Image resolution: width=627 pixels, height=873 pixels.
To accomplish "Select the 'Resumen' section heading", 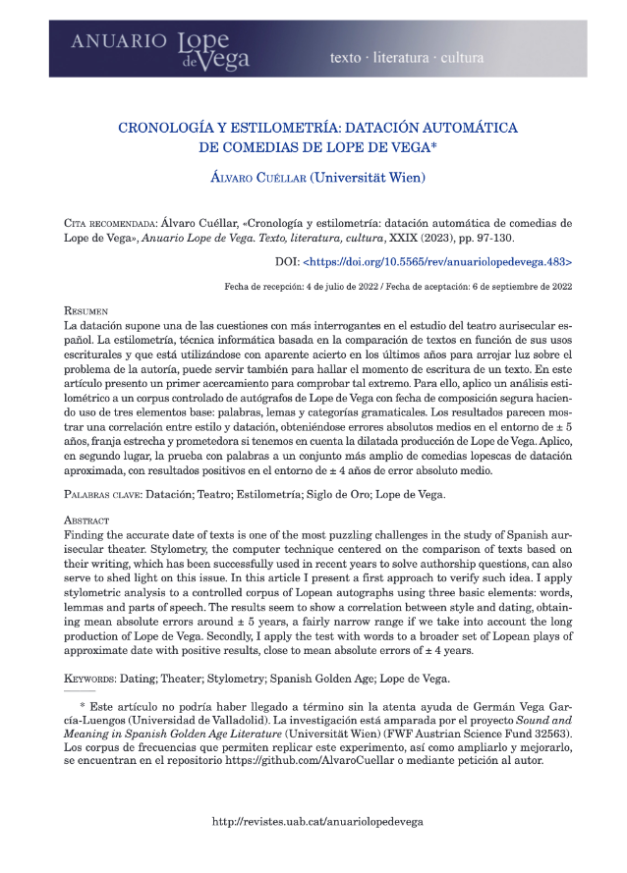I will (86, 309).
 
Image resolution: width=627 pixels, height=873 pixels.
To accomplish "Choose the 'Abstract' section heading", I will (87, 518).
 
